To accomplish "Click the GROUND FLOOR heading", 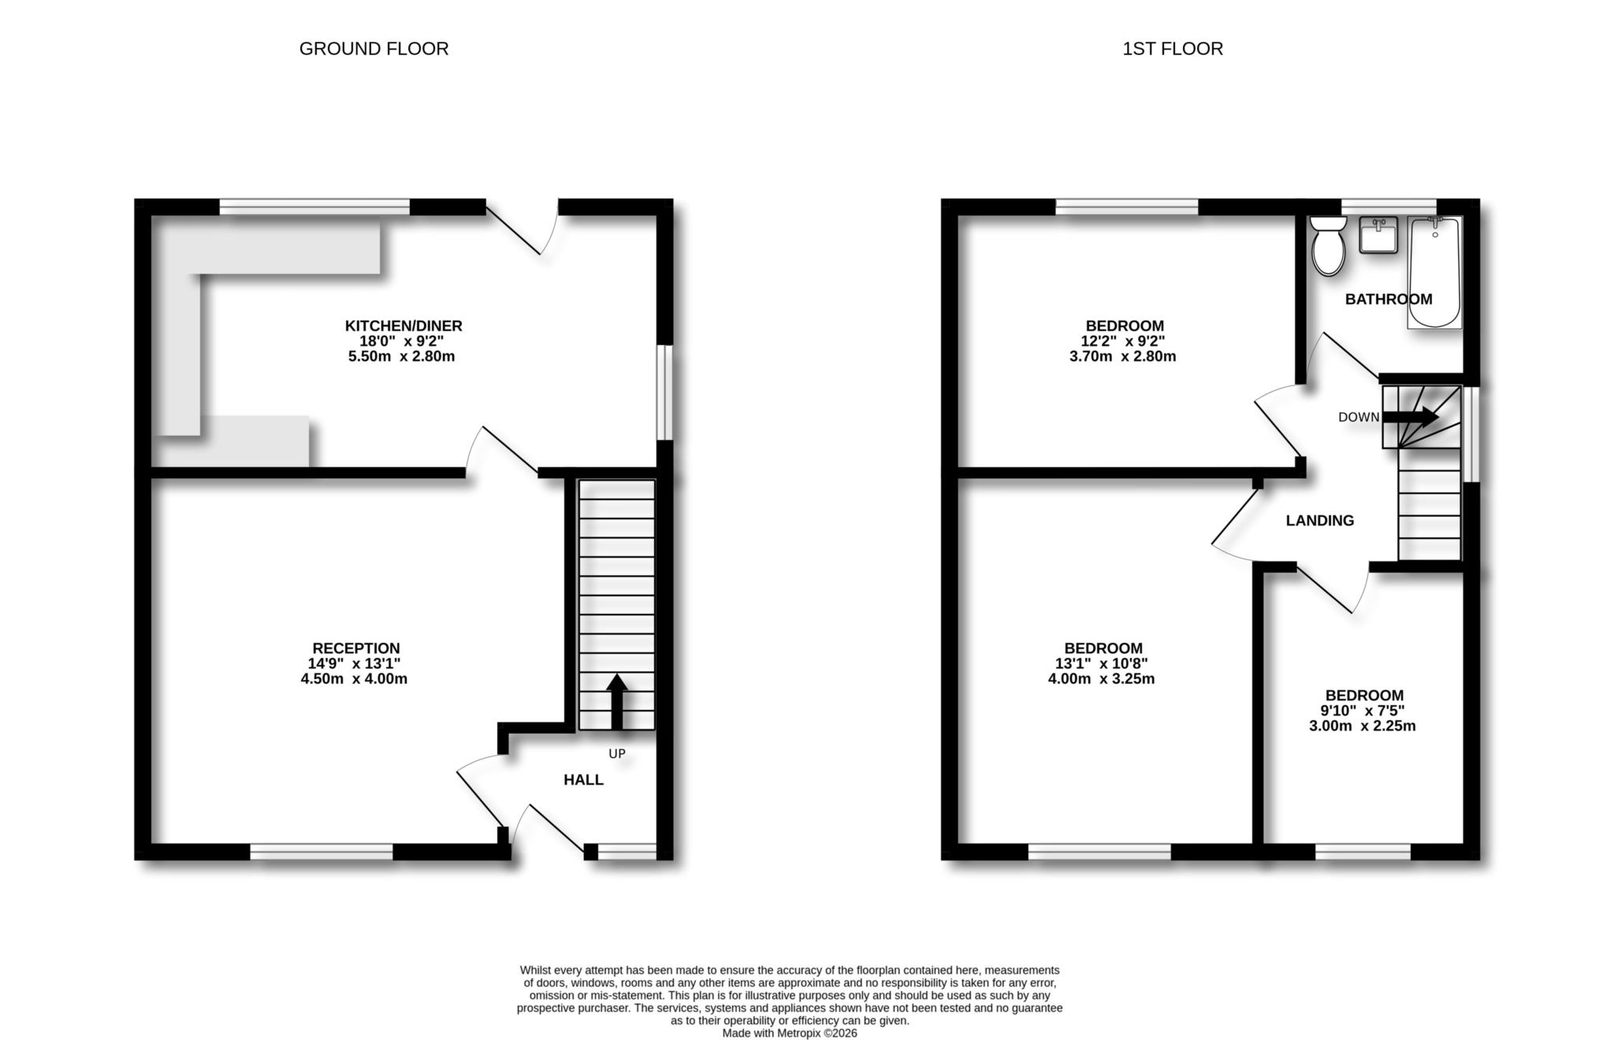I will [374, 49].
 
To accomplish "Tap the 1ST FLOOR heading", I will [1172, 49].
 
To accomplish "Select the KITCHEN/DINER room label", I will [403, 325].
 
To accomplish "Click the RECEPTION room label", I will [355, 648].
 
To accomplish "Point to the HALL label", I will [583, 780].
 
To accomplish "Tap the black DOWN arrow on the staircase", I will [1411, 417].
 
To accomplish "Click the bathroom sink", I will [1378, 235].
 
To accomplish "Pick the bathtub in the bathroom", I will [1434, 272].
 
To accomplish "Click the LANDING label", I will [1319, 521].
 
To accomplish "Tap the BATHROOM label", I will [1388, 299].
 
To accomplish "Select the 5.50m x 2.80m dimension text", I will [401, 356].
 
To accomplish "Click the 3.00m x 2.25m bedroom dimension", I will [1362, 726].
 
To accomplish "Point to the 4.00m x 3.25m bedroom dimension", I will [1101, 679].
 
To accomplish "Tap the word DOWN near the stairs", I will [1358, 418].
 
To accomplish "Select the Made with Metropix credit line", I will [789, 1033].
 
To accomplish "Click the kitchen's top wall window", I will [314, 206].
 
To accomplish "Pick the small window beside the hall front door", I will [627, 851].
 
